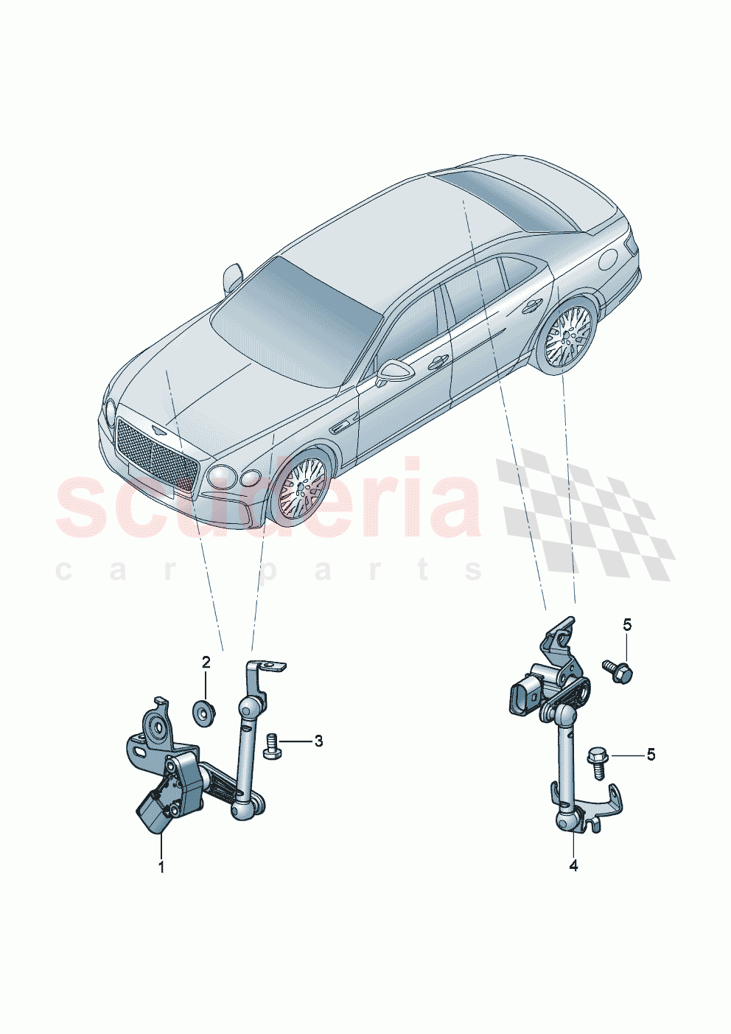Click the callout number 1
161,866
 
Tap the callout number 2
206,661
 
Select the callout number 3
318,741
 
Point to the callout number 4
573,866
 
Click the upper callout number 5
627,625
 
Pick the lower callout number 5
650,755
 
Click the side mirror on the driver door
391,371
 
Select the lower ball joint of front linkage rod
242,811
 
